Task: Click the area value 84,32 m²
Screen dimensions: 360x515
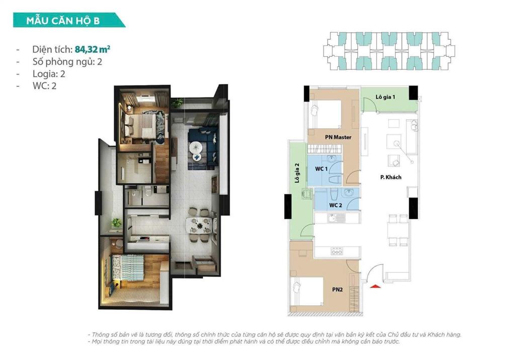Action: click(x=93, y=49)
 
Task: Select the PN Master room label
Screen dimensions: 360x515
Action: click(x=338, y=137)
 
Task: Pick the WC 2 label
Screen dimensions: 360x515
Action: click(x=336, y=205)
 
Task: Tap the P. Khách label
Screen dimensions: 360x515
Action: click(x=390, y=177)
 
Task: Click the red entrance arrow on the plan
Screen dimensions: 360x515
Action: click(x=375, y=286)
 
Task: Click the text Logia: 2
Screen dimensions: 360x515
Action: click(x=49, y=74)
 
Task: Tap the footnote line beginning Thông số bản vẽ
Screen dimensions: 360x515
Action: click(x=274, y=334)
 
